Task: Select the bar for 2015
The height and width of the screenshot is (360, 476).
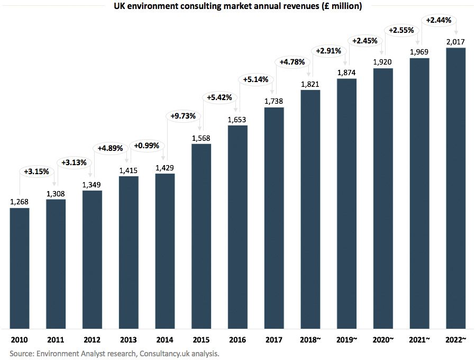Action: pos(201,236)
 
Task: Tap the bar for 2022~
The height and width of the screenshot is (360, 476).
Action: pos(455,188)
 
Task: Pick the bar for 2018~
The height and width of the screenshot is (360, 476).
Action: pos(310,209)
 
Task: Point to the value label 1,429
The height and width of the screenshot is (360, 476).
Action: pos(165,168)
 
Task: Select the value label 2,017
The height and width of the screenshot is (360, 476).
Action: pos(455,42)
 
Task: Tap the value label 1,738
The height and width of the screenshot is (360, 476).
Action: pos(274,101)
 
